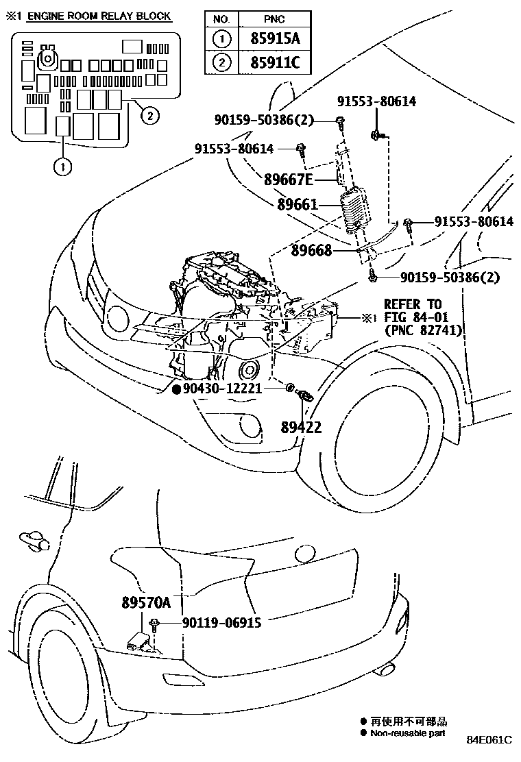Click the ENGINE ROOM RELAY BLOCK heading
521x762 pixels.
(x=99, y=16)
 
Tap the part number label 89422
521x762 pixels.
(x=301, y=427)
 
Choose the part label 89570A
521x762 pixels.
(x=146, y=602)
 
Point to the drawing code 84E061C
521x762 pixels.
(x=489, y=740)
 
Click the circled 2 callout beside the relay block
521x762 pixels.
(x=149, y=114)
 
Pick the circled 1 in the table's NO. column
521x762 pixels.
(x=221, y=39)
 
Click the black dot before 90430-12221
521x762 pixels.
(x=176, y=389)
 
